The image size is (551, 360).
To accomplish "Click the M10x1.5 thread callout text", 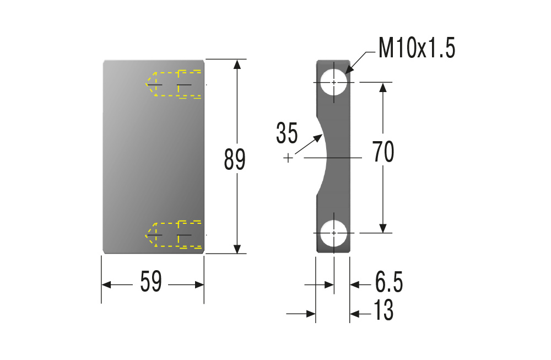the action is (417, 48).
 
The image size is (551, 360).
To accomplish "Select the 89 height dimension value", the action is (234, 160).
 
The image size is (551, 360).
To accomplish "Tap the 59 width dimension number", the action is (151, 281).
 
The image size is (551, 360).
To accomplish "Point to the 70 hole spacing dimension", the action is (383, 152).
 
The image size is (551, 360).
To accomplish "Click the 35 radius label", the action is (287, 133).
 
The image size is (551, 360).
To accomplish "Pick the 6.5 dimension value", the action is (389, 282).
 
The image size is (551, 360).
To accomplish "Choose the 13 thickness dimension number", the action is (383, 310).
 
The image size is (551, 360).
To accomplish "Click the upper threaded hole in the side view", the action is (334, 82).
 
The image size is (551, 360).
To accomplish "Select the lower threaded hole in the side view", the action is (334, 233).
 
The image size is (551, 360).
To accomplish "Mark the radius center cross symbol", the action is (288, 158).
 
